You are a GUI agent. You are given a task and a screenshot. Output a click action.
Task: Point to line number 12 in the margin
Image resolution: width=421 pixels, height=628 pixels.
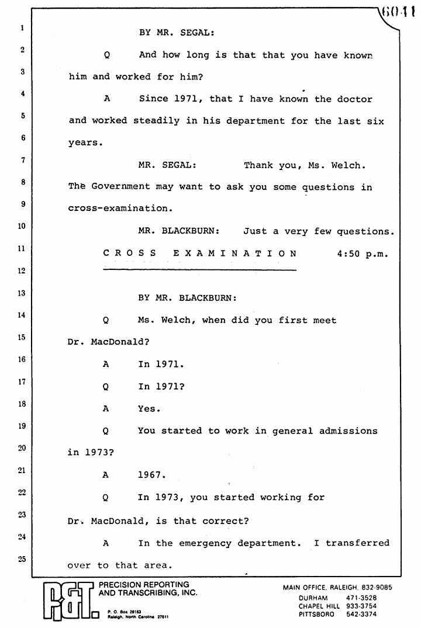tap(21, 270)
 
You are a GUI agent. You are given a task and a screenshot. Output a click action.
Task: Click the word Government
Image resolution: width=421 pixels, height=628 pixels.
tap(120, 187)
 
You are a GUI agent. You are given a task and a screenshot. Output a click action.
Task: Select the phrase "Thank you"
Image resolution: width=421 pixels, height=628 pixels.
tap(270, 165)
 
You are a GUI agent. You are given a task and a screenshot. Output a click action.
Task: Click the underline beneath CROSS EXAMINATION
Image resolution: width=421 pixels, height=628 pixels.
tap(199, 270)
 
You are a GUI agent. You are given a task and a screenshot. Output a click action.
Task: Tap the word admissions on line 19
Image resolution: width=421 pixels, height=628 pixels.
tap(348, 431)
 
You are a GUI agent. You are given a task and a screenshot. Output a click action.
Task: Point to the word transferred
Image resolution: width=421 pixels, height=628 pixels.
tap(357, 543)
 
